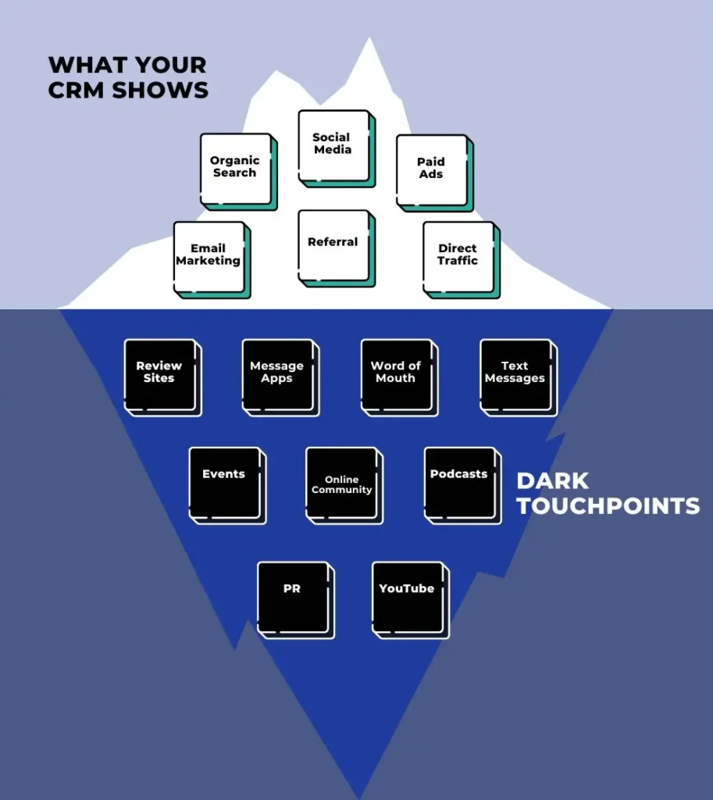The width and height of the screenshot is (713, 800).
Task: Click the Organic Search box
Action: [235, 168]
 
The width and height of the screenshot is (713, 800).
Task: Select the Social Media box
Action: [333, 145]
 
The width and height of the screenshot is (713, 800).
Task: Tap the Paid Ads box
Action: [431, 170]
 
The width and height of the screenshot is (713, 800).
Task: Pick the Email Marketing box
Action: [209, 256]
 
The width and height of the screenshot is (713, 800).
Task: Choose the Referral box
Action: [333, 245]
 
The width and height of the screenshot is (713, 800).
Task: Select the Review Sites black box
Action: [159, 374]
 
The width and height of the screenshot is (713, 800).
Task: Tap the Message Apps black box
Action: [277, 374]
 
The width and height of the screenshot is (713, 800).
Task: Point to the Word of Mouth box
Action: [396, 374]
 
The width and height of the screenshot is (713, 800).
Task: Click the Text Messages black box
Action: [515, 374]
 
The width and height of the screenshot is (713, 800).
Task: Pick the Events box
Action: [224, 482]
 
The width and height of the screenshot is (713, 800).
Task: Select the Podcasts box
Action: [459, 482]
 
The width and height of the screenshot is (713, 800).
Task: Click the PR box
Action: [292, 597]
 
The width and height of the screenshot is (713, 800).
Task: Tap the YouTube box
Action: [407, 597]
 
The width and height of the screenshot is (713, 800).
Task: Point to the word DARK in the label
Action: [552, 480]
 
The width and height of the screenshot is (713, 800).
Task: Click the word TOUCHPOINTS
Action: [608, 506]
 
